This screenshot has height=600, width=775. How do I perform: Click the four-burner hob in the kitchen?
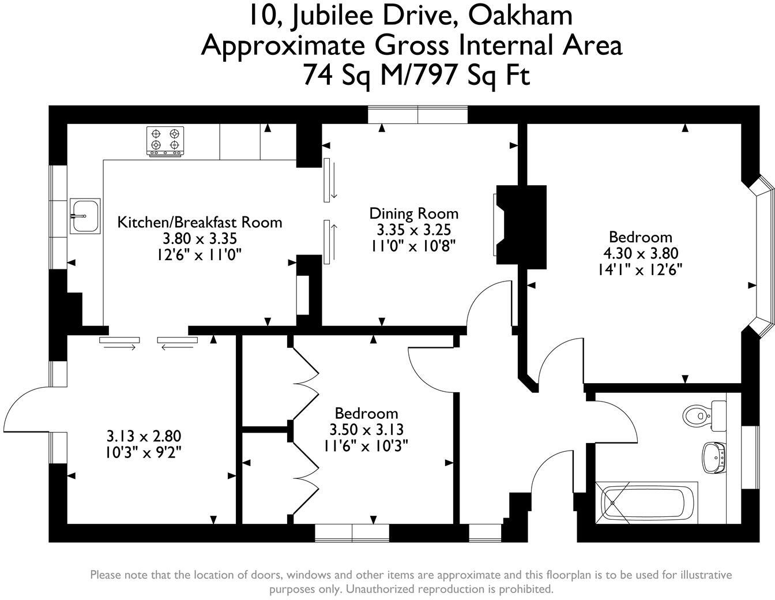pos(165,141)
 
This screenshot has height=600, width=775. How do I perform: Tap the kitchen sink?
pos(85,216)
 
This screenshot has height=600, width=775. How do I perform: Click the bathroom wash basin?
pos(713,457)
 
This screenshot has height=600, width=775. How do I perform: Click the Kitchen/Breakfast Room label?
pos(200,222)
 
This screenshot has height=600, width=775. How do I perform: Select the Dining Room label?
pos(413,213)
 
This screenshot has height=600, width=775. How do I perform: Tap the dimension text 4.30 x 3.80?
pos(640,253)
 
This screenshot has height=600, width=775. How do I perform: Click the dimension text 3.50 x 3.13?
pos(366,429)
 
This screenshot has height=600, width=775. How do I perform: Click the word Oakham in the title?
pos(520,16)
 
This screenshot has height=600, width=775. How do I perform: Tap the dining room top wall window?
pos(417,115)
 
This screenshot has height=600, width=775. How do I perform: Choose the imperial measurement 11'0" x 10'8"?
pos(413,246)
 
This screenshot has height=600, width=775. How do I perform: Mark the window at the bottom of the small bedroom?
pos(352,532)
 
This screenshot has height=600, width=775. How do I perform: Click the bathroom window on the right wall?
pos(750,457)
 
